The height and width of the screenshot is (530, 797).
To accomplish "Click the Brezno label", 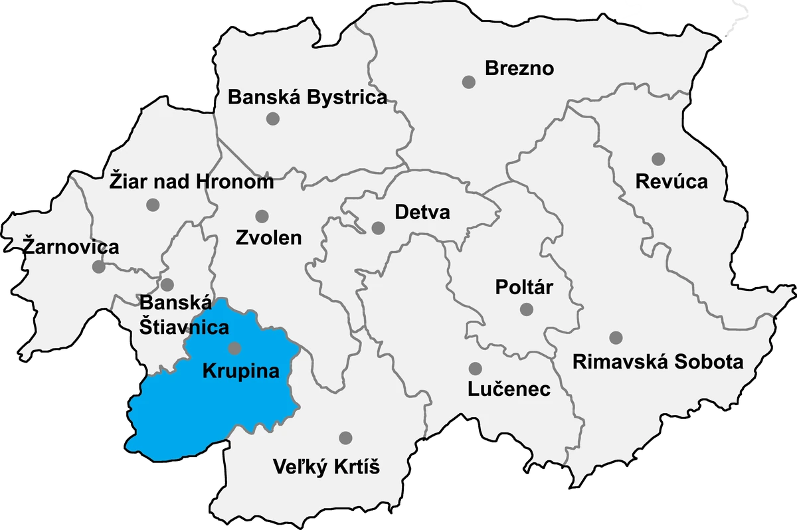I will (519, 68).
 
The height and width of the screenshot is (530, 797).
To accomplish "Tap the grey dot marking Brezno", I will (469, 82).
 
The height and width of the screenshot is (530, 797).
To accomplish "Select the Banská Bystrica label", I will (307, 98).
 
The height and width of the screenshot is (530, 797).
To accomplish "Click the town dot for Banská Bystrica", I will (272, 119).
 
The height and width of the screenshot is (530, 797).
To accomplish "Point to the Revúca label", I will (671, 181).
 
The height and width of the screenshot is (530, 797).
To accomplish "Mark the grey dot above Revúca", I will (658, 159).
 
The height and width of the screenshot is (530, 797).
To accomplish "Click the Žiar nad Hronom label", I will (191, 181).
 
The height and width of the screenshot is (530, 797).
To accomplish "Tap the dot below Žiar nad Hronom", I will (153, 205).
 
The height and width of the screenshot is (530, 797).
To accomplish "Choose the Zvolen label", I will (268, 238).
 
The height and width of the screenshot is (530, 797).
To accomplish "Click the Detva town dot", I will (378, 228).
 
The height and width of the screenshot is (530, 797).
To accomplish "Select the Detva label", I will (422, 213).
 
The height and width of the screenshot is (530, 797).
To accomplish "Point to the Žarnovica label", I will (71, 247).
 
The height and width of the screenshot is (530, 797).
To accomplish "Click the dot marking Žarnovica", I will (98, 267).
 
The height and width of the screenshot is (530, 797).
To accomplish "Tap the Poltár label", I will (524, 288).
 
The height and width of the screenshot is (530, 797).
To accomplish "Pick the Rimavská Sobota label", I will (658, 362).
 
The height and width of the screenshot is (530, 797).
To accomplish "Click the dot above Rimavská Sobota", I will (616, 337).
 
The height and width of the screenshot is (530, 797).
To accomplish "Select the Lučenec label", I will (509, 389).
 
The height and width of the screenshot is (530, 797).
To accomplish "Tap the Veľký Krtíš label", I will (326, 467).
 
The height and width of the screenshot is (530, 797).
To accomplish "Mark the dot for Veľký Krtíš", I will (345, 438).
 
